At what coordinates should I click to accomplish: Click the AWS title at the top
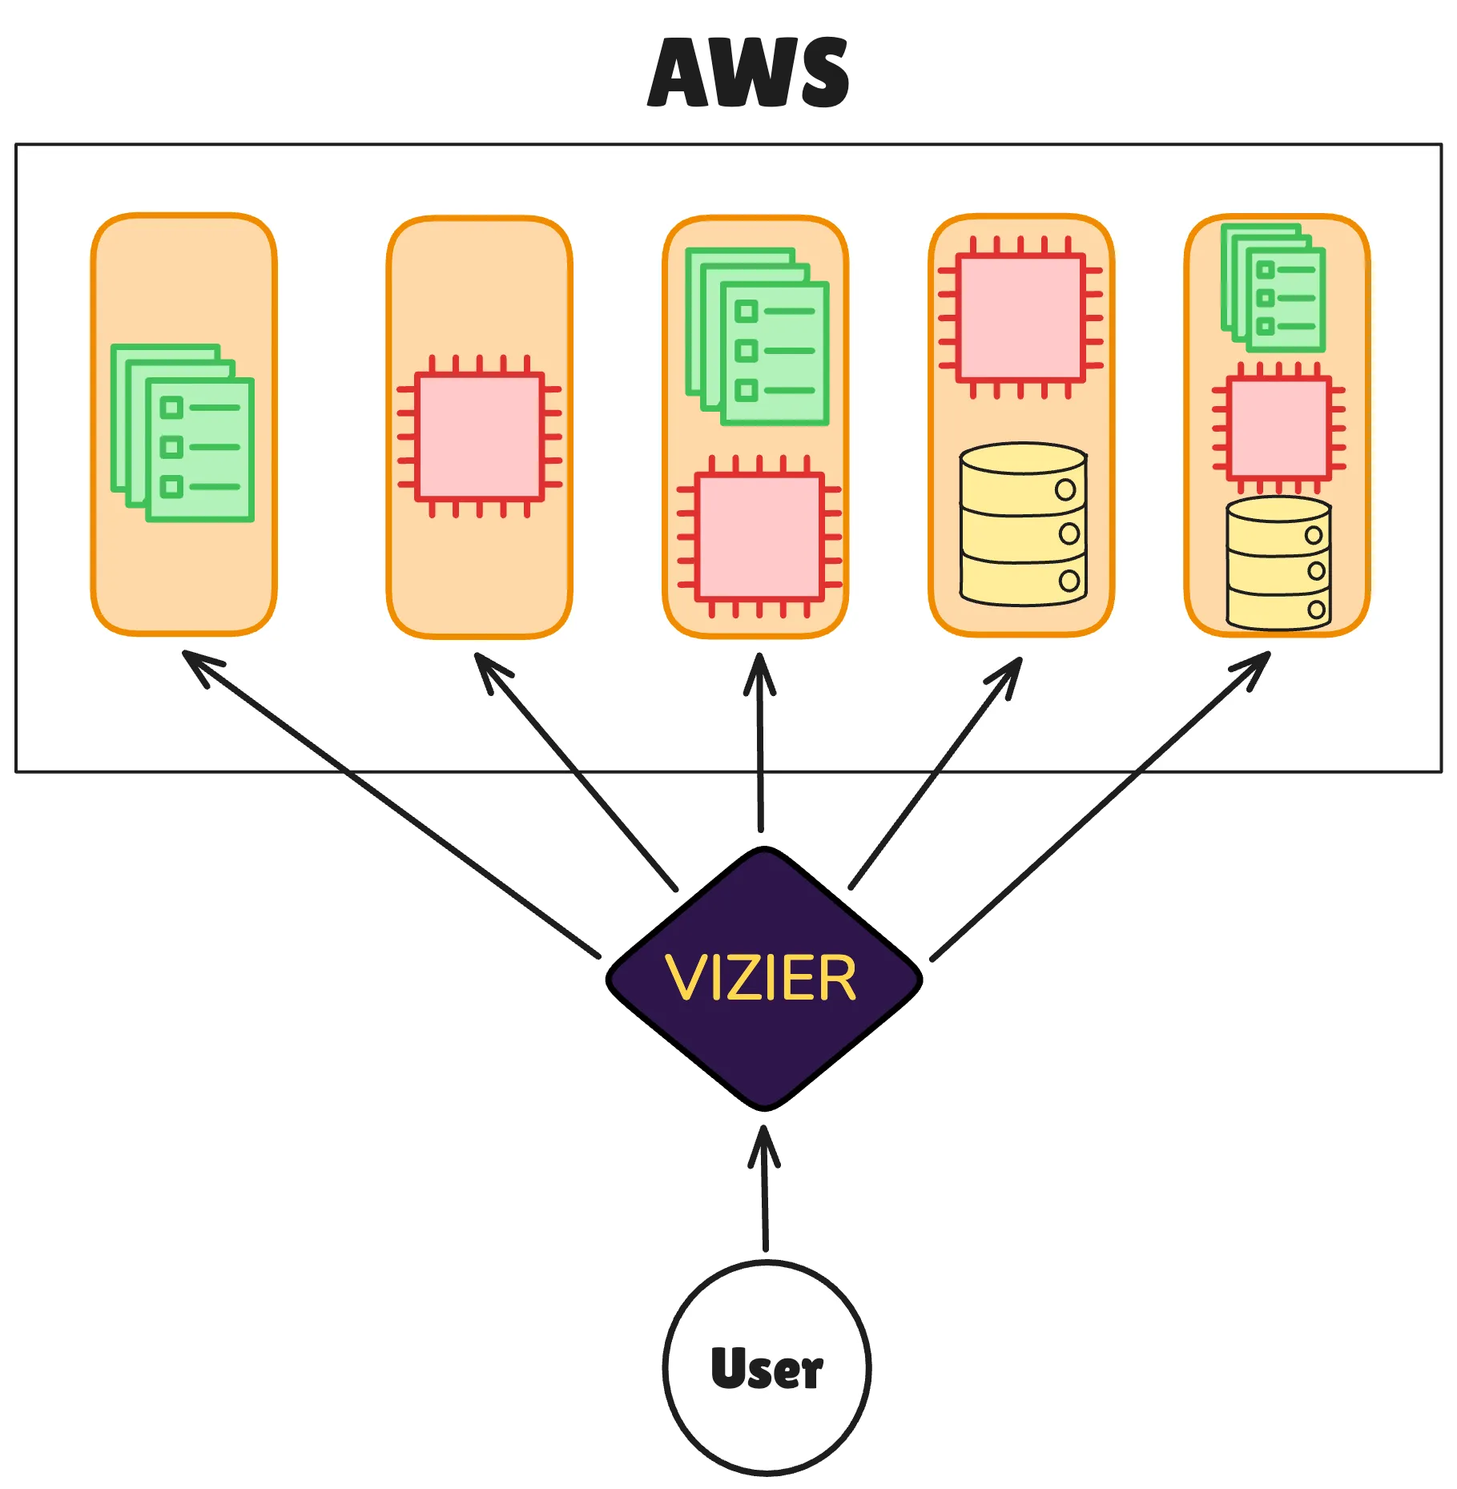click(x=749, y=72)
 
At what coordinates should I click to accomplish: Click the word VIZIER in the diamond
click(x=761, y=978)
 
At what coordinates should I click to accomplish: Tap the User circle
click(x=767, y=1368)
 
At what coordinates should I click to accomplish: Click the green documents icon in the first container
click(x=183, y=433)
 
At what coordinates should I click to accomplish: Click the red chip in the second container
click(x=479, y=437)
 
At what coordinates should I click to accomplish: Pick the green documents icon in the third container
click(x=757, y=336)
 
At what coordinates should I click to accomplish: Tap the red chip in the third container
click(x=759, y=537)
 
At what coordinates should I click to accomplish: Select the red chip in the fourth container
click(x=1021, y=317)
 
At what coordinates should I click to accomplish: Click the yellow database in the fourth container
click(x=1023, y=525)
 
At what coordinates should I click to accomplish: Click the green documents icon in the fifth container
click(x=1273, y=288)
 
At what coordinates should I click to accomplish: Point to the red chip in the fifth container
click(x=1278, y=427)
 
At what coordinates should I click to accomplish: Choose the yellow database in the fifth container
click(x=1278, y=563)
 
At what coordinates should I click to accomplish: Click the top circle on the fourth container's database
click(x=1065, y=489)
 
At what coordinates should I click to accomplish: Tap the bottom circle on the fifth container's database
click(x=1316, y=610)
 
